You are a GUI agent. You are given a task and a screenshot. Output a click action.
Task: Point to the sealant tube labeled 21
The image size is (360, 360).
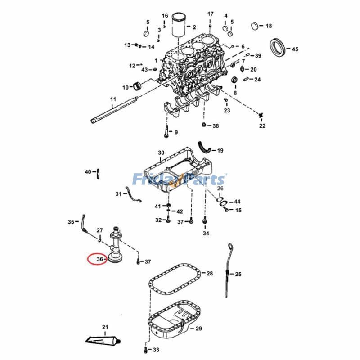pyautogui.click(x=103, y=338)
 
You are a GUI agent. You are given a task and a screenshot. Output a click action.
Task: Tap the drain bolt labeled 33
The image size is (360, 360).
pyautogui.click(x=145, y=348)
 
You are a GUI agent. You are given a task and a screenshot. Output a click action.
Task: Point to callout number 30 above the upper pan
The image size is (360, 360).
pyautogui.click(x=161, y=153)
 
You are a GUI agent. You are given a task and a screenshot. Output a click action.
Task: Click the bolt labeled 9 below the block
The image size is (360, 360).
pyautogui.click(x=166, y=131)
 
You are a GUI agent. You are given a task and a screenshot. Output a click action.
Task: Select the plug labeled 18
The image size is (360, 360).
pyautogui.click(x=255, y=25)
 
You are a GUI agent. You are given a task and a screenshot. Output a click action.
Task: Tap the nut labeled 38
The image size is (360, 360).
pyautogui.click(x=204, y=125)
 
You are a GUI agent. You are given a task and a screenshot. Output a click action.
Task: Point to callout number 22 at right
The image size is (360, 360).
pyautogui.click(x=262, y=126)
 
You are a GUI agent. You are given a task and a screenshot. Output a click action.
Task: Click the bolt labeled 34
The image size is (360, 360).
pyautogui.click(x=205, y=220)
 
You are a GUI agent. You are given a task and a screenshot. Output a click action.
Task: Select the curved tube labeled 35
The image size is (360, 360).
pyautogui.click(x=83, y=225)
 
